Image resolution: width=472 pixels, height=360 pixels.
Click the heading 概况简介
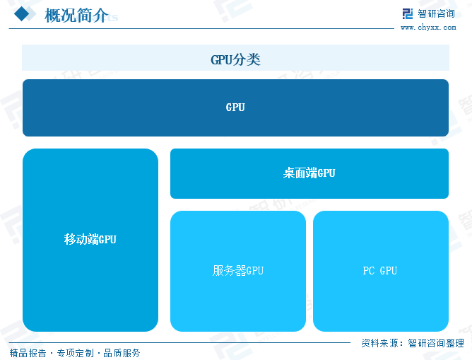click(76, 15)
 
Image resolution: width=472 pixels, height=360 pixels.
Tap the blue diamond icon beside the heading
click(23, 14)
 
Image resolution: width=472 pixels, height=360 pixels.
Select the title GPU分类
click(235, 59)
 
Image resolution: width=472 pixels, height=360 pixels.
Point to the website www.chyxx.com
click(428, 28)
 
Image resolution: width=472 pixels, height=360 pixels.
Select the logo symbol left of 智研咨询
click(408, 13)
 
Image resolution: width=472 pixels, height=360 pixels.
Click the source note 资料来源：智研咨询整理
click(413, 342)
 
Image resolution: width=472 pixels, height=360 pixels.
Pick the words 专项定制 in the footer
click(74, 353)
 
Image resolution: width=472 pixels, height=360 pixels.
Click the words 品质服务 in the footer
click(122, 353)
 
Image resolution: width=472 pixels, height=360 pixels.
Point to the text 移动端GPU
click(90, 240)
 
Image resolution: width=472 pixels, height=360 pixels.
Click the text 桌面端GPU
click(309, 173)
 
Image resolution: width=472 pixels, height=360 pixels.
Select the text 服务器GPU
click(238, 270)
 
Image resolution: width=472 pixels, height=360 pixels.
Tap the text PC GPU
click(380, 270)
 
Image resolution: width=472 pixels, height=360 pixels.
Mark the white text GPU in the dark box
click(235, 108)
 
